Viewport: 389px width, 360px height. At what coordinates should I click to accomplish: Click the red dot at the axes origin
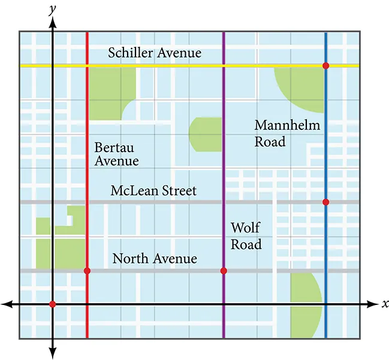tap(53, 304)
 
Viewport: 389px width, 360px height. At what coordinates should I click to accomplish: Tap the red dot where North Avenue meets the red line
tap(88, 271)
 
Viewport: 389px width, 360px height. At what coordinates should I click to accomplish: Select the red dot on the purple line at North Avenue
tap(224, 271)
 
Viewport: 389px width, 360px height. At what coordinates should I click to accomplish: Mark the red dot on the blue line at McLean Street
tap(325, 202)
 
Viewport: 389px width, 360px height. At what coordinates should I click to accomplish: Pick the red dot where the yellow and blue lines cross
tap(325, 65)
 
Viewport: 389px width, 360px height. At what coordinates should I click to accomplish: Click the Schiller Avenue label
tap(155, 53)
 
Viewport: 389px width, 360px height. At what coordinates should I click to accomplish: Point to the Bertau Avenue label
tap(116, 154)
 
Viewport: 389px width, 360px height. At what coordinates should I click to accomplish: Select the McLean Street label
tap(153, 191)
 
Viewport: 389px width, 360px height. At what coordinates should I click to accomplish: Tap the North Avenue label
tap(155, 259)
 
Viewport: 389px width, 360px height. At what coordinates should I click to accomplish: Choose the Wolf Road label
tap(246, 236)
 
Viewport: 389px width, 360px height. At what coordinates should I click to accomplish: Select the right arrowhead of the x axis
tap(373, 304)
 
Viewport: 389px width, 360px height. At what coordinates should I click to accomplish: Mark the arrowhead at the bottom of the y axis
tap(53, 352)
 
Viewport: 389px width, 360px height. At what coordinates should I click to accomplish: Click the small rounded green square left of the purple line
tap(204, 134)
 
